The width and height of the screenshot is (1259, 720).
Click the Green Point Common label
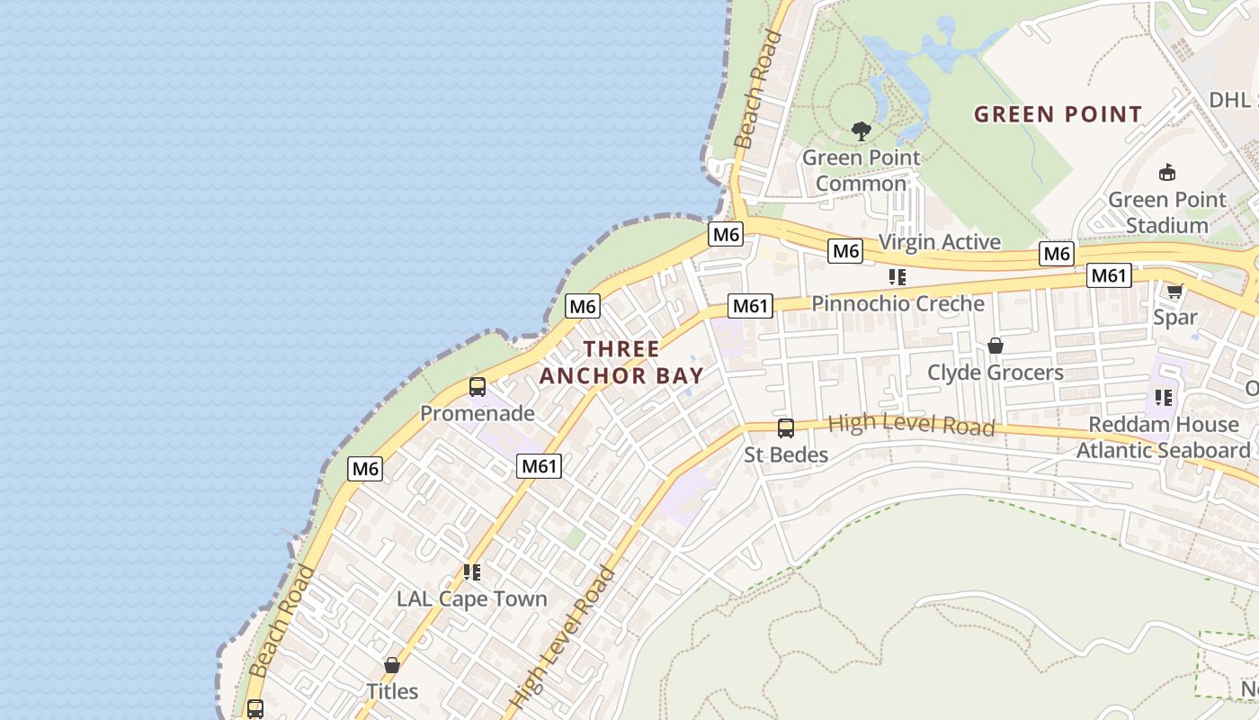[x=861, y=170]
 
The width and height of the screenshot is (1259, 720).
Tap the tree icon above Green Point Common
[x=862, y=131]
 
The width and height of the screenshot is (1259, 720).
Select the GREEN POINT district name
[x=1058, y=114]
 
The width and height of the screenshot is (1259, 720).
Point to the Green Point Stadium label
[x=1166, y=212]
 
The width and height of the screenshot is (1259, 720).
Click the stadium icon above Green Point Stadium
[x=1167, y=172]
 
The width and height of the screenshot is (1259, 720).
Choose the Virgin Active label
[x=939, y=241]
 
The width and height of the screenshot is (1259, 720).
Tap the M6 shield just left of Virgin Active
[x=845, y=251]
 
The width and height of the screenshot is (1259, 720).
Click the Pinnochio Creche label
[x=897, y=303]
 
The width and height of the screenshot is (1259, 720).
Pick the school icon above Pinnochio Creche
[x=897, y=277]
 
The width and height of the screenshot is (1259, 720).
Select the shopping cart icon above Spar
[x=1174, y=291]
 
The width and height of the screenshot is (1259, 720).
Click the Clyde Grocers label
[x=995, y=372]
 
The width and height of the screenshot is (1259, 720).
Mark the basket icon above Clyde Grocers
[x=995, y=346]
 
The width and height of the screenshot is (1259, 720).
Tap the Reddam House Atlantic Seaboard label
[x=1163, y=436]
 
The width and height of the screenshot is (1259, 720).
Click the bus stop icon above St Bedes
[x=785, y=428]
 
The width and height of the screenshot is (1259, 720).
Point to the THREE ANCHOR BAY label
[x=621, y=362]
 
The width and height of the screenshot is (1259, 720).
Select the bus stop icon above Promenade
[x=478, y=387]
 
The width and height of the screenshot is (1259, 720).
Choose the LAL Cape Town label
[x=471, y=598]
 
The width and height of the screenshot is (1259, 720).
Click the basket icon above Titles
[x=391, y=666]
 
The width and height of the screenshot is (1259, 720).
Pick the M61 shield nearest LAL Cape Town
[x=540, y=465]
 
